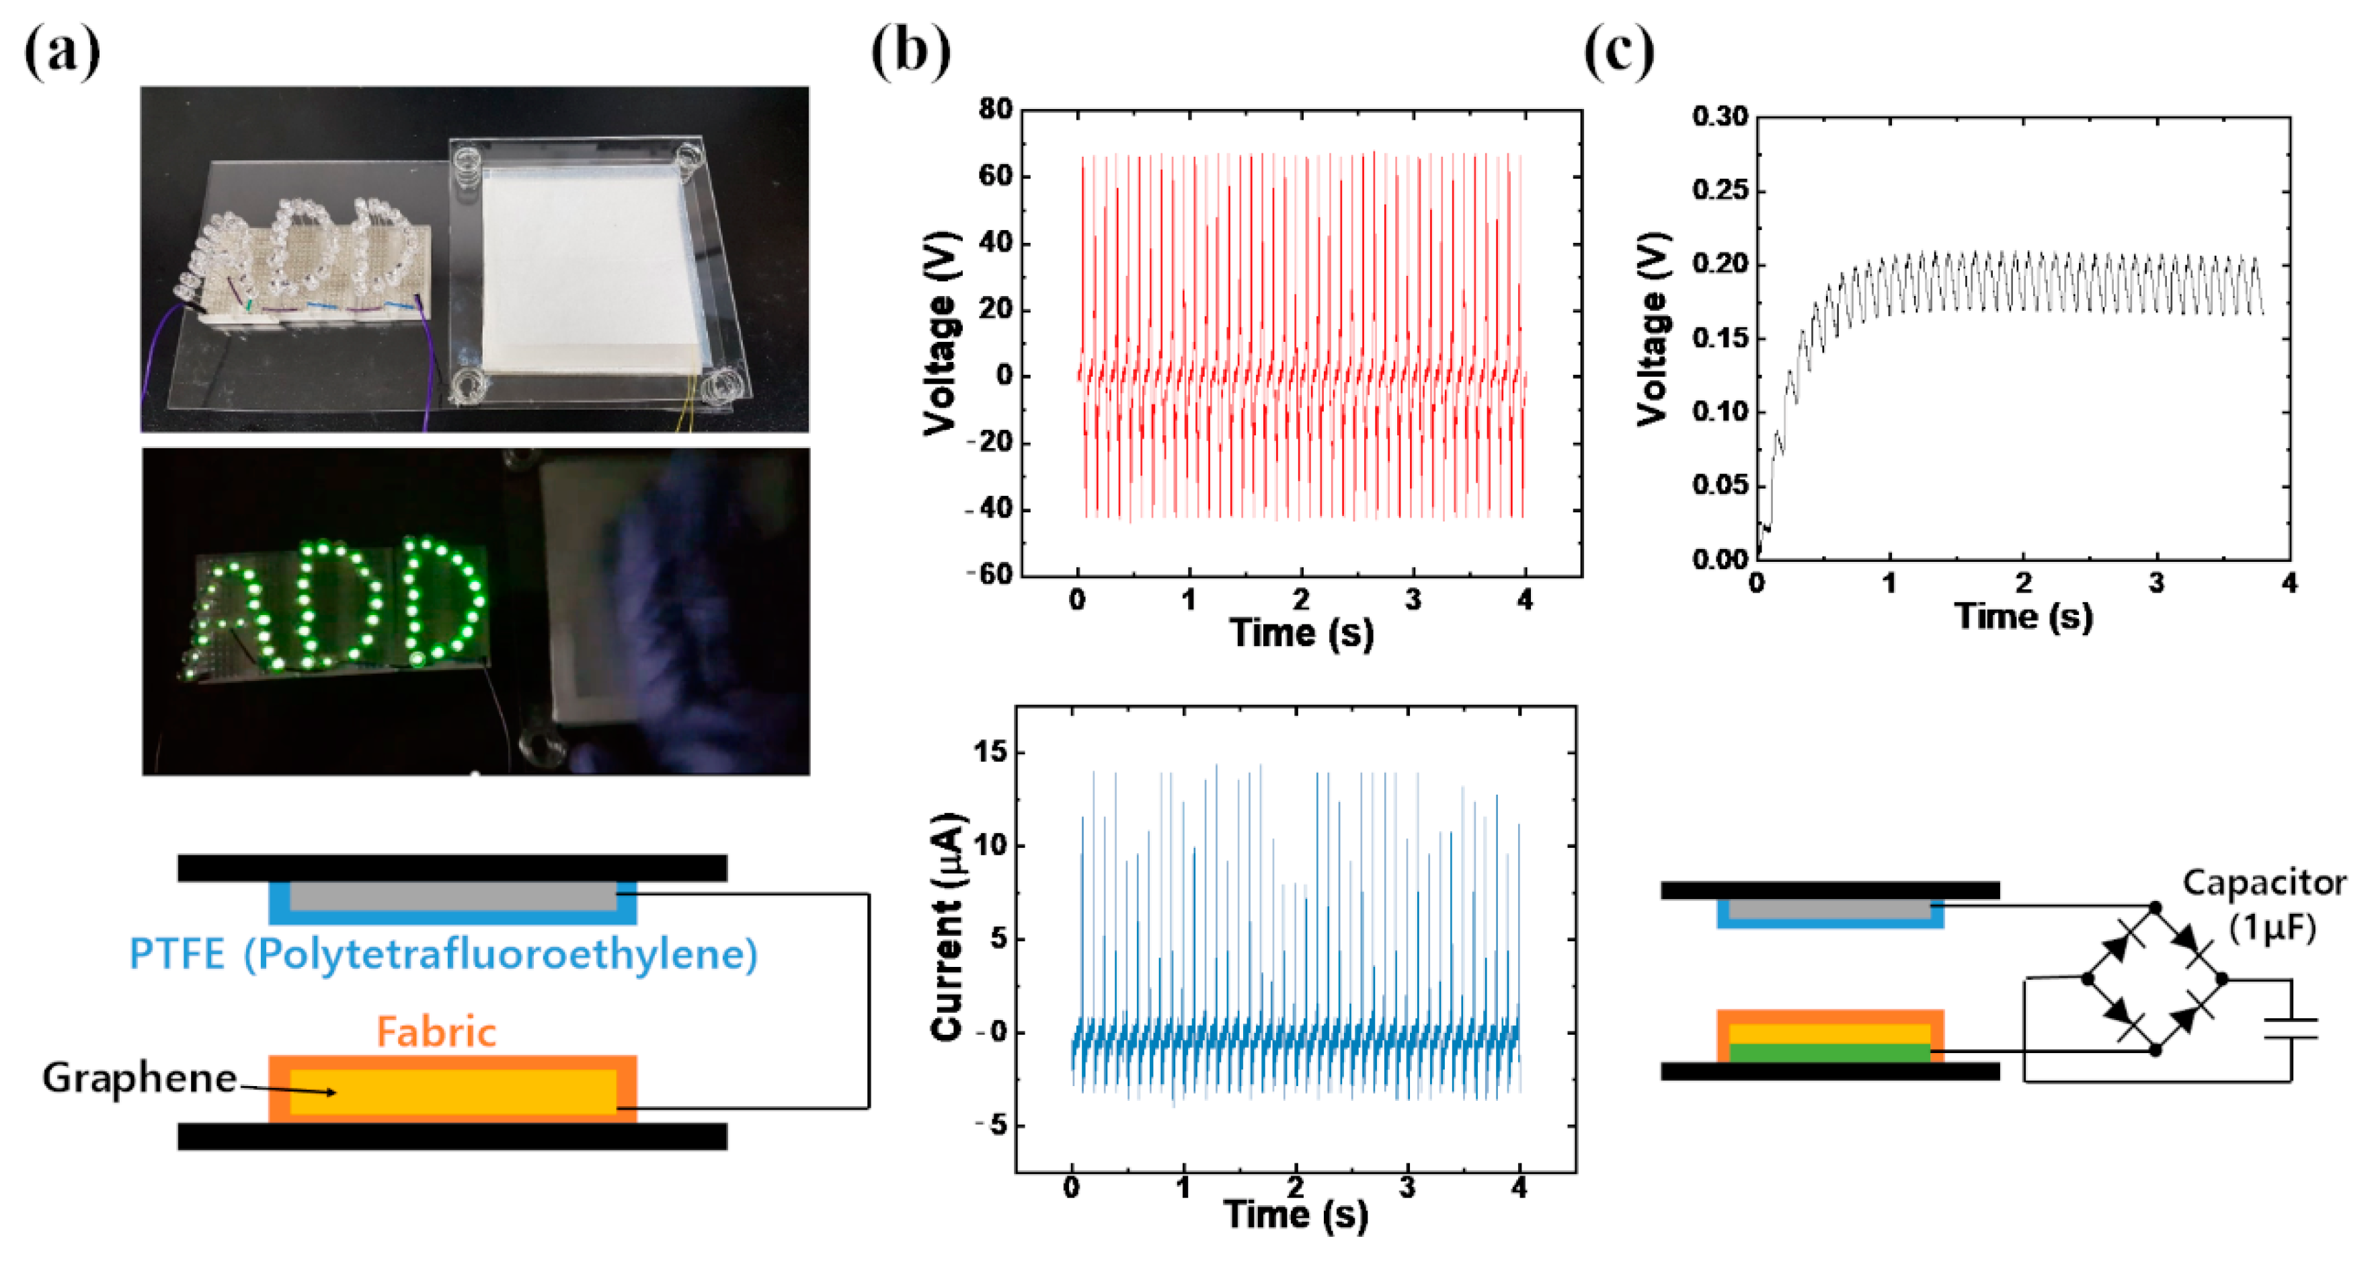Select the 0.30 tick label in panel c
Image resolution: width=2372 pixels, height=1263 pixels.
1719,117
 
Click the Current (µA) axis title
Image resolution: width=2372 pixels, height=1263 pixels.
947,927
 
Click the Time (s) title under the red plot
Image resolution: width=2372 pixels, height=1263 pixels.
1301,633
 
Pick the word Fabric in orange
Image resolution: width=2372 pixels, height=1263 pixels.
436,1032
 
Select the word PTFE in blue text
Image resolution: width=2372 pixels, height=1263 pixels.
177,953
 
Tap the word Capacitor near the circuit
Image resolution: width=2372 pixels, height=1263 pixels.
2263,883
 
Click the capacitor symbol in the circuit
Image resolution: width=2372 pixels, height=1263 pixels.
2290,1028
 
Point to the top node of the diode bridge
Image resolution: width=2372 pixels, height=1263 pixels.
2155,908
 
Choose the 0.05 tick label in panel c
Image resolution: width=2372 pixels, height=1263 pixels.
1719,486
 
